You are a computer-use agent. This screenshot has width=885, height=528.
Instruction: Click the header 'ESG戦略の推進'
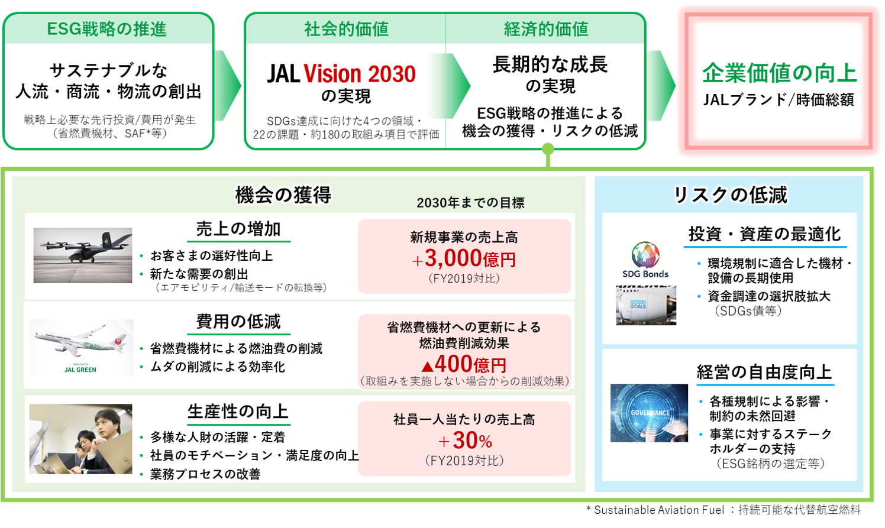[x=107, y=29]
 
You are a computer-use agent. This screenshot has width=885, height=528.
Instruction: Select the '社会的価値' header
[x=346, y=29]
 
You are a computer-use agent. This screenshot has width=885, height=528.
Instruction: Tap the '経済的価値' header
[x=546, y=29]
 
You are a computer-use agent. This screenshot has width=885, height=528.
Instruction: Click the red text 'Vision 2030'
[x=360, y=74]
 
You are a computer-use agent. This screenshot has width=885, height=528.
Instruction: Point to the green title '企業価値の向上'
[x=779, y=73]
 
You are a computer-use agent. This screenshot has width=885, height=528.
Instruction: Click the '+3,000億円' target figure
[x=464, y=259]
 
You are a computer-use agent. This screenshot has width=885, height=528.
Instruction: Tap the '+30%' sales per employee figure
[x=465, y=440]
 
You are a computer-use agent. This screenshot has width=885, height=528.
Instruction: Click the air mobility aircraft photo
[x=83, y=255]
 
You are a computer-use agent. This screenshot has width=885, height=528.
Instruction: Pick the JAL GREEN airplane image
[x=81, y=348]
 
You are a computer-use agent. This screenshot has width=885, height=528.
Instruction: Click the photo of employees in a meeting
[x=81, y=439]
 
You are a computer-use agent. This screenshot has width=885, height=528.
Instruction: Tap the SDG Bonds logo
[x=645, y=260]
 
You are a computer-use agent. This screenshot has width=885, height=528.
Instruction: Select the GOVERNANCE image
[x=649, y=413]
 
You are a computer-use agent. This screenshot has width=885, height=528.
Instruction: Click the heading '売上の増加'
[x=238, y=229]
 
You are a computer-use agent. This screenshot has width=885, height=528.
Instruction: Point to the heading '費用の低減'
[x=238, y=322]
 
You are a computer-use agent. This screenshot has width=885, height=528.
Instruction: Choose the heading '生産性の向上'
[x=238, y=412]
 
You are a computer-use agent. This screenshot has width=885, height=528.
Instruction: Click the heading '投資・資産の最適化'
[x=764, y=234]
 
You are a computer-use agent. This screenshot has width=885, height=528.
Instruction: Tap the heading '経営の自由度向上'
[x=764, y=372]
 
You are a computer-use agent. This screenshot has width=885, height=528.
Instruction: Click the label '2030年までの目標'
[x=470, y=203]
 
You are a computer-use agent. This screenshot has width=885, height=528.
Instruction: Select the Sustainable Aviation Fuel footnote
[x=723, y=510]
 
